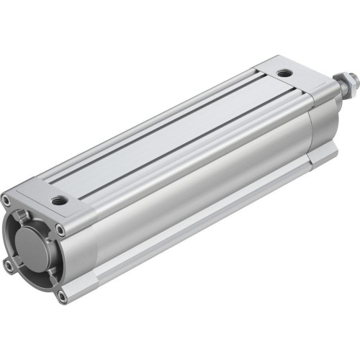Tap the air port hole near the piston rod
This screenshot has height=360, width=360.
tap(286, 73)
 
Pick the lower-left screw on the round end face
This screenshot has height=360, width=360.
tap(9, 266)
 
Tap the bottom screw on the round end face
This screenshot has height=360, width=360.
tap(63, 294)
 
